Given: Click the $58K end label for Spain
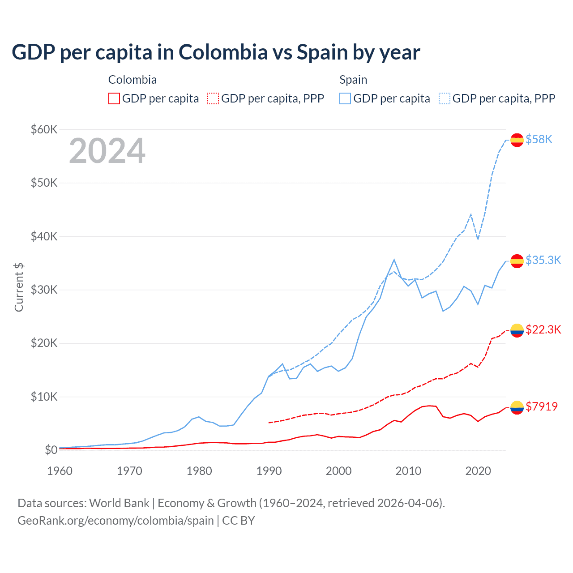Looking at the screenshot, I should (x=539, y=140).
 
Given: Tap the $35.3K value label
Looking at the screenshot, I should (x=543, y=261).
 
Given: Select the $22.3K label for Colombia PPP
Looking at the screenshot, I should (x=543, y=330).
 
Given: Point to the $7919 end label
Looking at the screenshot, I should (x=541, y=406).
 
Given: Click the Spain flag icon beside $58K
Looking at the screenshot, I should (x=517, y=140).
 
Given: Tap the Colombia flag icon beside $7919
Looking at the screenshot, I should (x=517, y=407).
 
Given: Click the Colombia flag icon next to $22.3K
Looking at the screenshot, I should (x=517, y=330).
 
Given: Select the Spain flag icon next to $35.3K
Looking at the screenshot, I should (x=517, y=261).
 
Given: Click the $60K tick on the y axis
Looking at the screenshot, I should (x=44, y=130).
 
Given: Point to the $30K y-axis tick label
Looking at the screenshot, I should (x=44, y=290).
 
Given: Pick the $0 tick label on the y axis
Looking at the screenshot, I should (x=51, y=450).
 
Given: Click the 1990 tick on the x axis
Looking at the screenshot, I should (x=269, y=471).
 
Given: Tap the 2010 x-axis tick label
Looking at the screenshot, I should (x=408, y=471).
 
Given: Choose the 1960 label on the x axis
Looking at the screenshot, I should (x=60, y=471).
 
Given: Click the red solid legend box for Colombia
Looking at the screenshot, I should (x=114, y=98).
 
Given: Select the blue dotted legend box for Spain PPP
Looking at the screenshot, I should (x=445, y=98).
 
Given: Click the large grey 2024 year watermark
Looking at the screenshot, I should (x=107, y=151).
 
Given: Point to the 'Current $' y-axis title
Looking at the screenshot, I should (x=19, y=287).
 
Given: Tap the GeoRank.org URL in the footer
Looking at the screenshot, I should (x=115, y=521).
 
